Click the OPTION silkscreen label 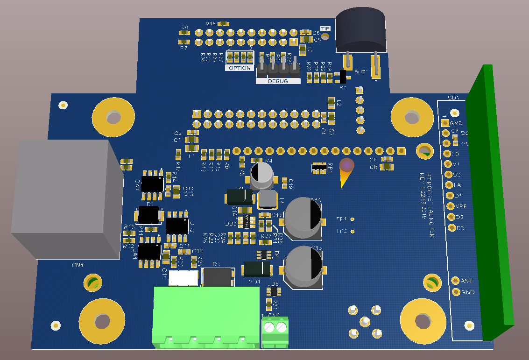(240, 68)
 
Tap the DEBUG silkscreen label (278, 81)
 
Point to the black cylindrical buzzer (361, 32)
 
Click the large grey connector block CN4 (65, 198)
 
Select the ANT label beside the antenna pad (467, 281)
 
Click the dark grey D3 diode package (218, 277)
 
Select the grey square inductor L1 (268, 199)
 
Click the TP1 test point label (341, 219)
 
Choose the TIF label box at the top (325, 29)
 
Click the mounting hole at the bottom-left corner (101, 321)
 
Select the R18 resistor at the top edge (224, 23)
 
